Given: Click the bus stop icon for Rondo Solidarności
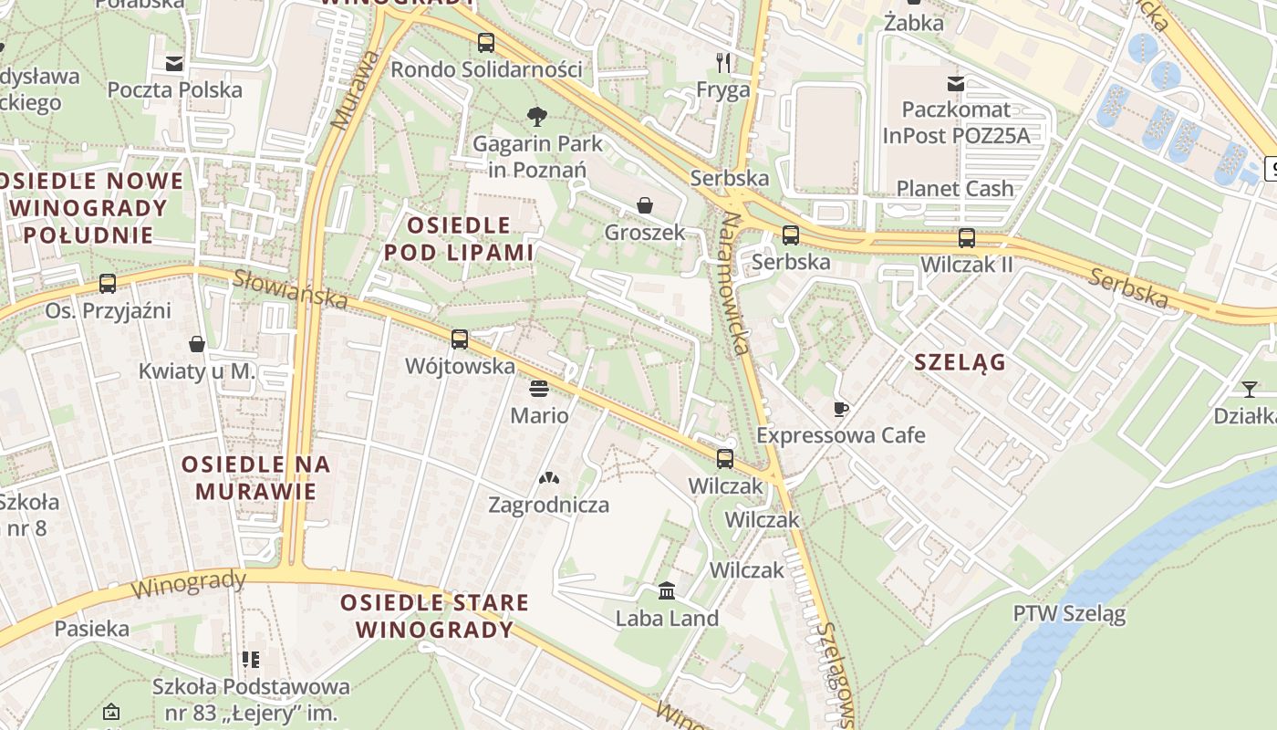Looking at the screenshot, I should click(x=486, y=43).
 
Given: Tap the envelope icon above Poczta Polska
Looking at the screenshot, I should click(x=174, y=64).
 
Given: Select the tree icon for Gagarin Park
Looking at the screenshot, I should click(x=537, y=116).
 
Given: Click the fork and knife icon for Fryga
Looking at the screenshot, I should click(x=723, y=62).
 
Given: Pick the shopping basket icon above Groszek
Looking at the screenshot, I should click(x=645, y=205).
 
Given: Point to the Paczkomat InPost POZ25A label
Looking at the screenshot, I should click(x=955, y=122).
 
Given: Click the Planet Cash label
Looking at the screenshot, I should click(x=955, y=189).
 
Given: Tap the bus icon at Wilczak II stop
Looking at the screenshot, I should click(x=967, y=238).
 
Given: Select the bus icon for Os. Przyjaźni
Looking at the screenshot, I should click(x=108, y=284).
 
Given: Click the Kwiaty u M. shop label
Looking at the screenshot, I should click(x=197, y=371).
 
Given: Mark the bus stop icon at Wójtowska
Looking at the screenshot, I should click(x=460, y=339).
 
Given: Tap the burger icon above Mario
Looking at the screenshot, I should click(x=539, y=389).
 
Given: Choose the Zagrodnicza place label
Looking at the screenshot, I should click(x=548, y=505).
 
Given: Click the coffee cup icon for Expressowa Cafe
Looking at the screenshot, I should click(x=840, y=409).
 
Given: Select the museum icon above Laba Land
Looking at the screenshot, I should click(x=667, y=591).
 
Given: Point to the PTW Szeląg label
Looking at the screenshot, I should click(x=1069, y=613).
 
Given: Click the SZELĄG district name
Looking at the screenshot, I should click(x=960, y=362).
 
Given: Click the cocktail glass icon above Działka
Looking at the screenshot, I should click(x=1249, y=390).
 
